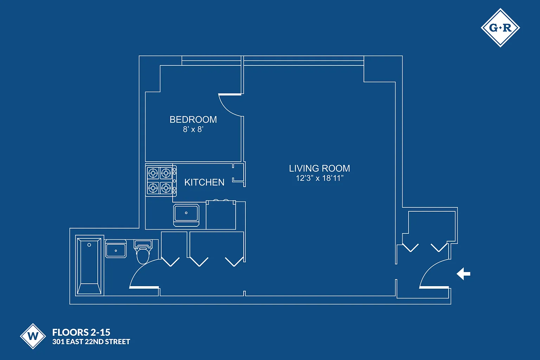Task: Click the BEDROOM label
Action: tap(193, 120)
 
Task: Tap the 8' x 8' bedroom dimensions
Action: tap(193, 129)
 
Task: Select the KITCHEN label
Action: tap(204, 182)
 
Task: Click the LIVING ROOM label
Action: tap(319, 168)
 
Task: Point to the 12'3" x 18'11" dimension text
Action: tap(319, 178)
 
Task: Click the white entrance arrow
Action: tap(463, 274)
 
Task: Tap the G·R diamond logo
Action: tap(500, 28)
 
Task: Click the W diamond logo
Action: tap(33, 336)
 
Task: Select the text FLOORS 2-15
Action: tap(81, 332)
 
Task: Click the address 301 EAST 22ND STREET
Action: tap(91, 342)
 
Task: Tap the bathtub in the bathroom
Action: tap(89, 266)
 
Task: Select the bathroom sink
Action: tap(116, 250)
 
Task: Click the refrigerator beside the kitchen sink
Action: tap(221, 215)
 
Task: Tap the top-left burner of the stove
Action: tap(153, 173)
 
